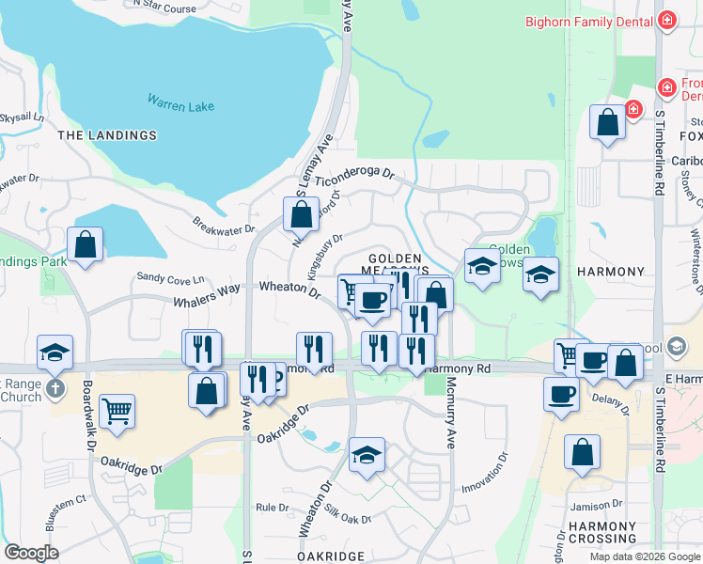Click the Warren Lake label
pos(180,102)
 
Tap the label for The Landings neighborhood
pos(107,135)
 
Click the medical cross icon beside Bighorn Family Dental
pos(667,20)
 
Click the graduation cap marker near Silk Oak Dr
pos(367,453)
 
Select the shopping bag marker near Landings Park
pos(86,243)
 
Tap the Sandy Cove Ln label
pos(170,278)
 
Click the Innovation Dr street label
pos(484,474)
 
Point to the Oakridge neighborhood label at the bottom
pos(330,556)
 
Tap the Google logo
pos(31,553)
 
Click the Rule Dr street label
pos(273,508)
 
